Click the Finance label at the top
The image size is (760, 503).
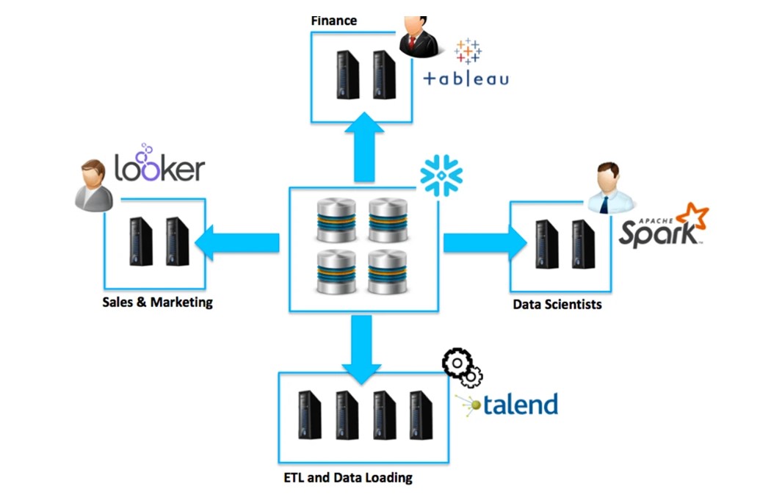click(x=333, y=21)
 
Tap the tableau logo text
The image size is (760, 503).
click(x=466, y=79)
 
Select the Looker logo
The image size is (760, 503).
click(x=159, y=166)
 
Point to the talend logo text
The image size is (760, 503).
click(x=520, y=404)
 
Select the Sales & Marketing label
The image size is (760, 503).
click(x=157, y=302)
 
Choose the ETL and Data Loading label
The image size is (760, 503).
click(x=347, y=477)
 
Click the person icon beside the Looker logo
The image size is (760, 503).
click(x=94, y=186)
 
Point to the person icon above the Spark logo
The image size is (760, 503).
click(x=609, y=188)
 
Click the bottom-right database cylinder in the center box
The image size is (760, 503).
click(x=387, y=272)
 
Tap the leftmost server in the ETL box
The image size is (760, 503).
click(x=309, y=415)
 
